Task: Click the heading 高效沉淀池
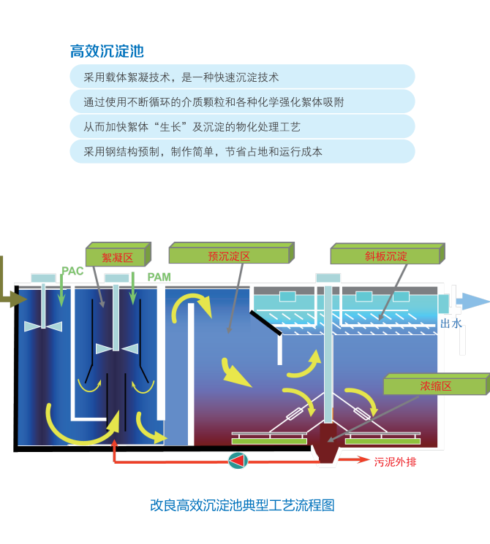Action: point(107,51)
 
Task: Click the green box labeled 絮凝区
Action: point(117,257)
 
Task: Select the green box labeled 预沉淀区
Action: point(229,256)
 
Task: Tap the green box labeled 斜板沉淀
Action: point(385,256)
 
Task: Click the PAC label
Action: point(72,271)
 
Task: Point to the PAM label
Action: point(159,277)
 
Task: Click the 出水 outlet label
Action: point(451,323)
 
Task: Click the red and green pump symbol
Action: point(238,461)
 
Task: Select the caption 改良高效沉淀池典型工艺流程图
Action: point(242,505)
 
